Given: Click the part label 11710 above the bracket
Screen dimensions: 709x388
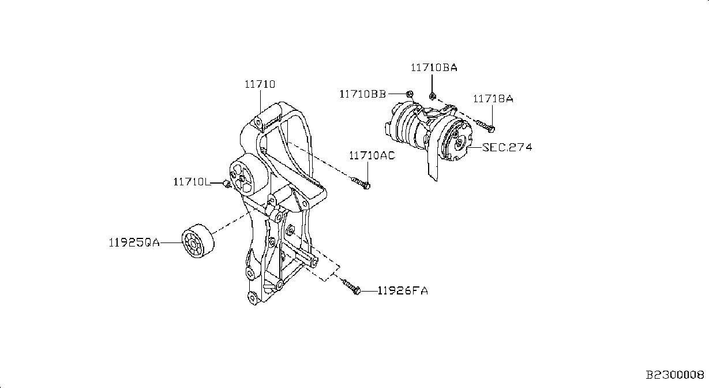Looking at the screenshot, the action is click(x=260, y=84).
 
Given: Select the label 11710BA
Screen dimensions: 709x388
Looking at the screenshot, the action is click(x=434, y=68).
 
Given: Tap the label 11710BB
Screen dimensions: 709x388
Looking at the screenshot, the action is click(x=363, y=94).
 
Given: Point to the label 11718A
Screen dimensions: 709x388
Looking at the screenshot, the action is click(x=493, y=99).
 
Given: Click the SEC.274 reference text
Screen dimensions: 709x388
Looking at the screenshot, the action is click(x=507, y=147).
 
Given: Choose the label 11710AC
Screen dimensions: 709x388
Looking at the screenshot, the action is click(x=372, y=155).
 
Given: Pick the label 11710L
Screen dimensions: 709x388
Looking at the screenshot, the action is click(x=192, y=182).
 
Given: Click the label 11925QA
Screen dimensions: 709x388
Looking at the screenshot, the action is click(x=134, y=242).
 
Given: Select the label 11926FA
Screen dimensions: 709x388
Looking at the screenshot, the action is click(x=403, y=290).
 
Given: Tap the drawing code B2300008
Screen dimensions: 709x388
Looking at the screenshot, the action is click(x=675, y=375).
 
